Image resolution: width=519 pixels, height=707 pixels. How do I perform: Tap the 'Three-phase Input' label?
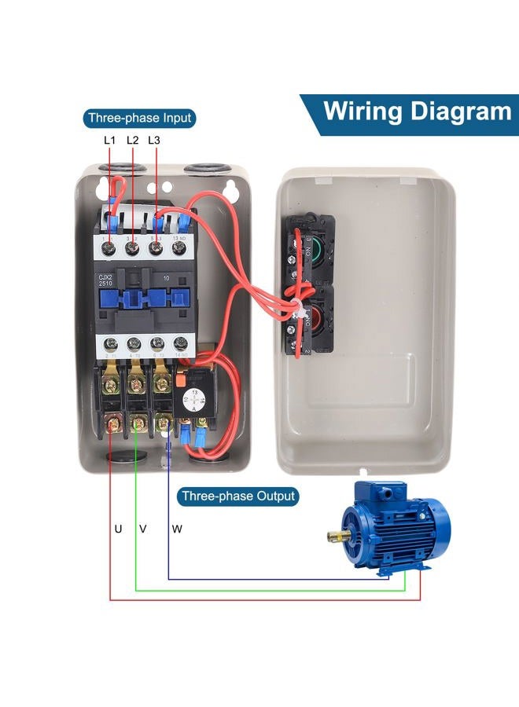(139, 119)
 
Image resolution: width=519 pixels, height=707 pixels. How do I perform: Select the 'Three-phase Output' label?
(237, 496)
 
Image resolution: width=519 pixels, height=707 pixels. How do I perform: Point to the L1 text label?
(110, 140)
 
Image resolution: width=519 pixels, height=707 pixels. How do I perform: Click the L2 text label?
(132, 140)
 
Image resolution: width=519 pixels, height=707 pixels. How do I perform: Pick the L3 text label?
(154, 140)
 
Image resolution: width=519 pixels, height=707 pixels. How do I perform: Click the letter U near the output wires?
(118, 529)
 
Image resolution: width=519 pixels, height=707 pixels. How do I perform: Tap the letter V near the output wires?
(142, 529)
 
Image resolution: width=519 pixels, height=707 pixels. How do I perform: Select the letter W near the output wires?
(177, 529)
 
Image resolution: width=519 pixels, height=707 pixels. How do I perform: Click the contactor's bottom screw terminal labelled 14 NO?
(182, 343)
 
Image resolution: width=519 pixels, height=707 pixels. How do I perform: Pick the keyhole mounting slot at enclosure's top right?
(233, 189)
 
